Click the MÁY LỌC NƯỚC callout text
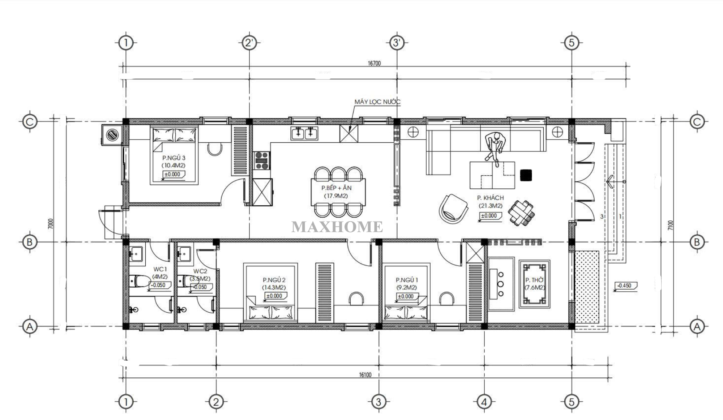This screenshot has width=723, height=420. click(377, 102)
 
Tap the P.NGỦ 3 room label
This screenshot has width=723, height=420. click(174, 158)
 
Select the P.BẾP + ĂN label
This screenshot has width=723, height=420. click(336, 188)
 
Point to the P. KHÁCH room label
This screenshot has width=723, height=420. click(490, 198)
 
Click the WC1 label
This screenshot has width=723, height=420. click(160, 269)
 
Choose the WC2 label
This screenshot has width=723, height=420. click(200, 271)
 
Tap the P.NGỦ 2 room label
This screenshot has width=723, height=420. click(274, 280)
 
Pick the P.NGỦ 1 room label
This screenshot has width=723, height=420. click(407, 280)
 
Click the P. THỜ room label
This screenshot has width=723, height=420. click(534, 280)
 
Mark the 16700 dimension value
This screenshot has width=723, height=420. click(374, 63)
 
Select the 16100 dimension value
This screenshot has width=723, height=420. click(365, 375)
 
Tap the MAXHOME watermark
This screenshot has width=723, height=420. click(337, 227)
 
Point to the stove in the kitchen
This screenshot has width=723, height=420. click(262, 161)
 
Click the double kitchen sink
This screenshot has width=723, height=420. click(304, 133)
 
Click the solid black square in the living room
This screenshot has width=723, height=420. click(526, 175)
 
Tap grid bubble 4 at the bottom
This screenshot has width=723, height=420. click(484, 402)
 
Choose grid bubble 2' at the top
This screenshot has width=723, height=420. click(249, 43)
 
